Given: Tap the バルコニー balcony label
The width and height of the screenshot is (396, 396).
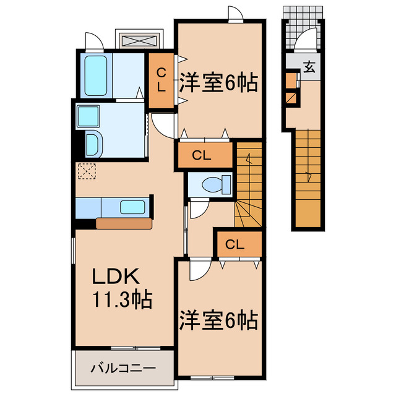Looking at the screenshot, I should (123, 369).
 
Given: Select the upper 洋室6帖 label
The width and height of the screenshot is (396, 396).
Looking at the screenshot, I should (218, 83).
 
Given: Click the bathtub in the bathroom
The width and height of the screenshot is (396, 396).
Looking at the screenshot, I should (95, 75).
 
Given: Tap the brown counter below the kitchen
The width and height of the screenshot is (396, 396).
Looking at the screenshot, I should (124, 223).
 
